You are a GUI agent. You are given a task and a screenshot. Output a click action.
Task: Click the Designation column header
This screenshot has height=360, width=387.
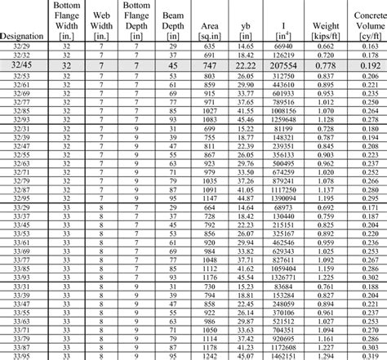tap(23, 36)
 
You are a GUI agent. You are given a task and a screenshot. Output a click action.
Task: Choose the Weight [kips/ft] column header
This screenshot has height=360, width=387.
tap(326, 31)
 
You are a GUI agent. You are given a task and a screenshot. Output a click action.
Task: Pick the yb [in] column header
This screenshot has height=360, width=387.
tap(245, 31)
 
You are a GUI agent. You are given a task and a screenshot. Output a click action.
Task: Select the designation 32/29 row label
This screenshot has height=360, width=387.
tap(23, 47)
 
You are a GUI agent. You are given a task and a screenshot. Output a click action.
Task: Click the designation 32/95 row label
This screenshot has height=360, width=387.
tap(23, 198)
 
